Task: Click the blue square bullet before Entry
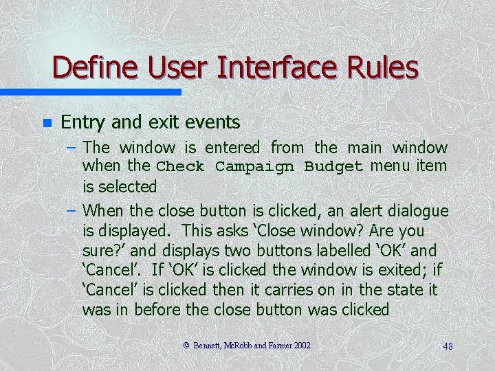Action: pyautogui.click(x=47, y=124)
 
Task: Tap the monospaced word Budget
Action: pyautogui.click(x=333, y=167)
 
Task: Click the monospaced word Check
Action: pyautogui.click(x=181, y=167)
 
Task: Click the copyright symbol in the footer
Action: pyautogui.click(x=186, y=346)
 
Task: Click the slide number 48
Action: pyautogui.click(x=448, y=346)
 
